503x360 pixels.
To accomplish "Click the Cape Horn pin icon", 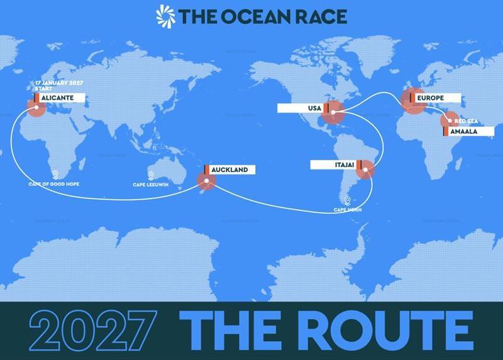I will (347, 201).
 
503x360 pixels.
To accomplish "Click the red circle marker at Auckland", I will (206, 181).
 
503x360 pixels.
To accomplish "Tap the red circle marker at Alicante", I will (35, 108).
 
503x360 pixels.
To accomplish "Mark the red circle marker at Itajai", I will (365, 170).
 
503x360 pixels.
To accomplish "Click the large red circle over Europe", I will (414, 101).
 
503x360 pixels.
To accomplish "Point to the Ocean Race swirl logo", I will (165, 15).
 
